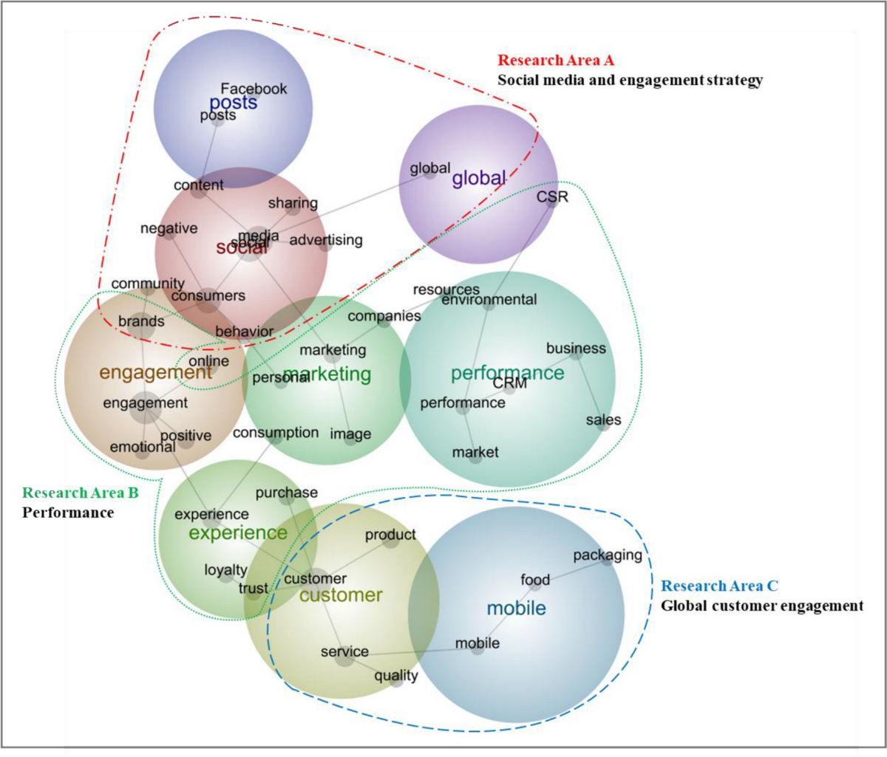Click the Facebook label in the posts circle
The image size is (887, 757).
[x=254, y=89]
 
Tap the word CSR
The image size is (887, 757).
[x=552, y=196]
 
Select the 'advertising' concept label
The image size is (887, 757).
[x=326, y=240]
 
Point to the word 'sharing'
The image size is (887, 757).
[x=293, y=203]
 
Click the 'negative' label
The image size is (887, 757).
[x=169, y=229]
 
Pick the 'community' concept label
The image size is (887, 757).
[x=148, y=284]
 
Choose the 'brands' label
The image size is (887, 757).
[x=141, y=321]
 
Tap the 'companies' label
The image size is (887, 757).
[x=384, y=316]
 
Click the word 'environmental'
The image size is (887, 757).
[x=489, y=300]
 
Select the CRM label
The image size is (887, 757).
[x=510, y=383]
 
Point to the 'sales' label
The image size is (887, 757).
[x=603, y=420]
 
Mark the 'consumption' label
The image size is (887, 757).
[x=276, y=433]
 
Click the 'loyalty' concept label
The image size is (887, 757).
[x=225, y=570]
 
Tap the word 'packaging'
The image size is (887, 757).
[x=608, y=555]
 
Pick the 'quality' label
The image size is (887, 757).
[x=396, y=676]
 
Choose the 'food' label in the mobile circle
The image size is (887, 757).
[x=535, y=580]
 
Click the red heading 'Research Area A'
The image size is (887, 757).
[x=556, y=61]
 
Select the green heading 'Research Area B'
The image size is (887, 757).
[x=81, y=493]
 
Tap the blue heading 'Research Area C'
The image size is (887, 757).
[x=719, y=586]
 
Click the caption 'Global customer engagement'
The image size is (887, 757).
[x=762, y=606]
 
